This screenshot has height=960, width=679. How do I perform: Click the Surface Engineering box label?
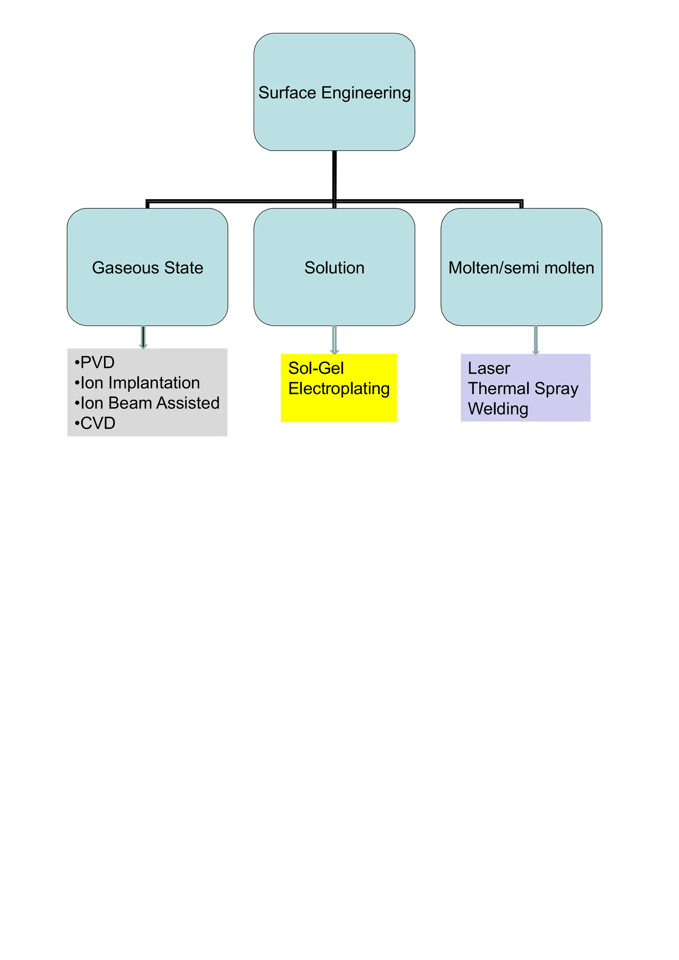tap(334, 93)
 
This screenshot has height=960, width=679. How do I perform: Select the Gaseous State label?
tap(147, 268)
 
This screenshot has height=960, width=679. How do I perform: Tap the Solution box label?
tap(334, 268)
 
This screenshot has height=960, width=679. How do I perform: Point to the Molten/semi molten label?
tap(521, 268)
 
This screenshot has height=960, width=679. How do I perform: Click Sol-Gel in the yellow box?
tap(316, 368)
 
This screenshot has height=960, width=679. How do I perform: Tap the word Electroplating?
tap(339, 389)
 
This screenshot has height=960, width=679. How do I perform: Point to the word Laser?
tap(489, 368)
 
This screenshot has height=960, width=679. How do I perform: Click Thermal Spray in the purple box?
tap(523, 389)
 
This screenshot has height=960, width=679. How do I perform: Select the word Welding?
tap(498, 409)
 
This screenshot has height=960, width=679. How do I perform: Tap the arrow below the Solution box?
tap(334, 340)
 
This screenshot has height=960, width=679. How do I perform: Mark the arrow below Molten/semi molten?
tap(535, 340)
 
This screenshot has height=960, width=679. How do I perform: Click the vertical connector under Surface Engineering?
tap(334, 176)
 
